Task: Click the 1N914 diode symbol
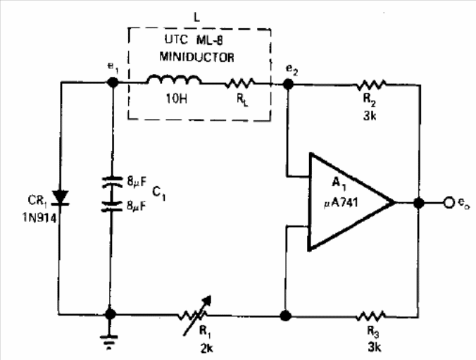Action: tap(60, 197)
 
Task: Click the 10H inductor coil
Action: tap(174, 80)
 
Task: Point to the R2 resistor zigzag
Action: tap(371, 85)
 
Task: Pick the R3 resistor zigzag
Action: tap(371, 316)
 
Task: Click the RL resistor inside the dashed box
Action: tap(240, 83)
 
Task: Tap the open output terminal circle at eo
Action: tap(449, 203)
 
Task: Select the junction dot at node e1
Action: tap(113, 82)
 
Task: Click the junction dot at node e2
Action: tap(288, 84)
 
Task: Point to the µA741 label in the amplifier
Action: tap(341, 203)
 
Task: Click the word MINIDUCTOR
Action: tap(196, 57)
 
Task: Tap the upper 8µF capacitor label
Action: tap(137, 182)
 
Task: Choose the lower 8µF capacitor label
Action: tap(137, 206)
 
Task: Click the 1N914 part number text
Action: tap(39, 218)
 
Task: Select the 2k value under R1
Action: tap(207, 349)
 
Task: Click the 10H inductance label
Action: tap(176, 99)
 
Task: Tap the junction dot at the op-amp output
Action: tap(419, 203)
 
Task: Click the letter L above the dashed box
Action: tap(197, 18)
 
